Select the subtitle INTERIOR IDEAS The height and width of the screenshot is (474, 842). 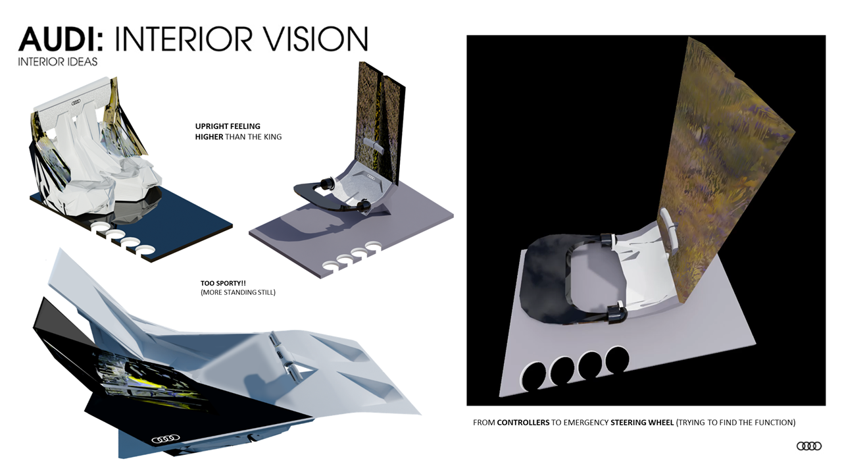point(58,62)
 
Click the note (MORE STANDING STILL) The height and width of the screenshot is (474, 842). point(237,292)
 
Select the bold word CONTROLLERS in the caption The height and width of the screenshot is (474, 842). point(523,422)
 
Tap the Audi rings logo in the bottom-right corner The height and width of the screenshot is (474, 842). point(808,446)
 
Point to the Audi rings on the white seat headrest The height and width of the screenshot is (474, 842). point(74,102)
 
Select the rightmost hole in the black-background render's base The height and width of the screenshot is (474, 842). point(617,359)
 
